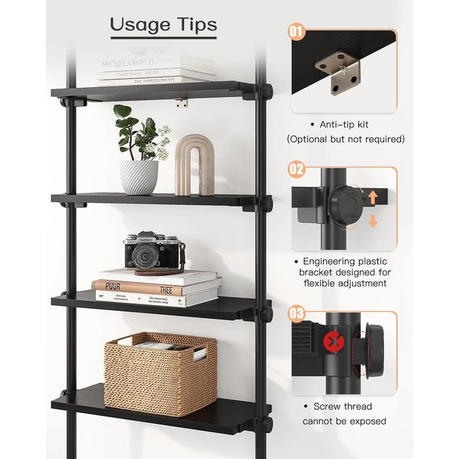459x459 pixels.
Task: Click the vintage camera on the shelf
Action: click(152, 250)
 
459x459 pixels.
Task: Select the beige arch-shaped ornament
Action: click(191, 165)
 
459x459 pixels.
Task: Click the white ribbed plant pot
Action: click(138, 177)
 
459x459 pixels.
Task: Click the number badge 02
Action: click(296, 169)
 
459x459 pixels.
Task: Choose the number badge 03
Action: click(296, 314)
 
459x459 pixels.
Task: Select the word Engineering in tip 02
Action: click(330, 261)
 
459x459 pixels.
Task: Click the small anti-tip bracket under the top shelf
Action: click(181, 103)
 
